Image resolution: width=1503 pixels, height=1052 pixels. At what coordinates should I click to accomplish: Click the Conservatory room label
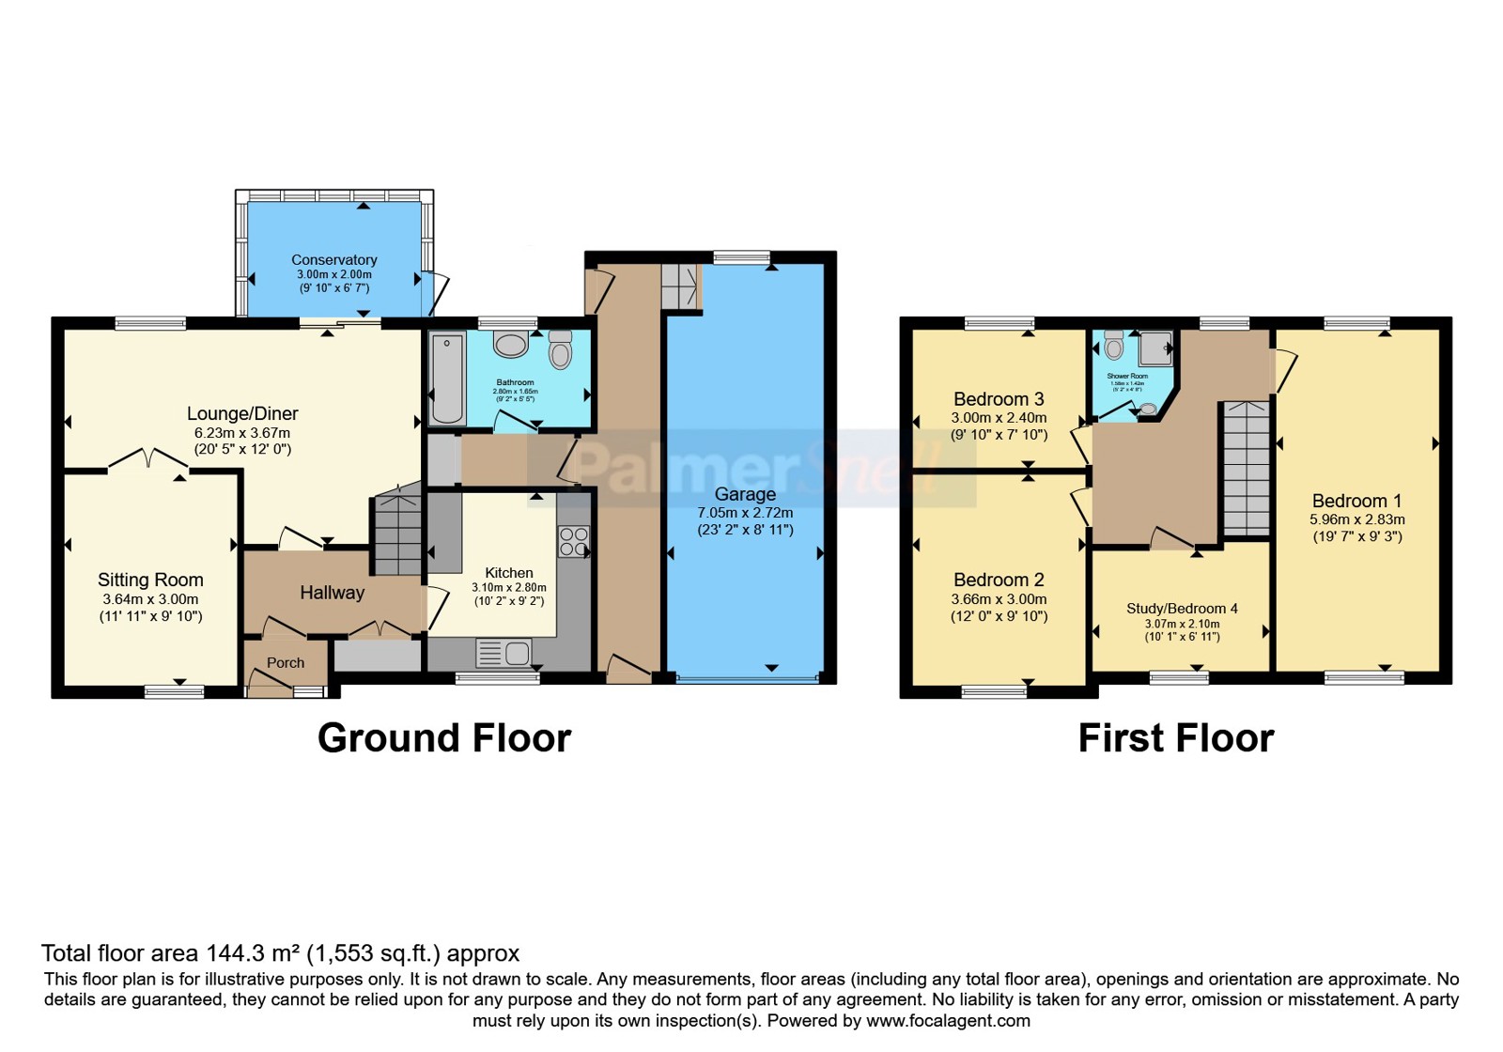(333, 260)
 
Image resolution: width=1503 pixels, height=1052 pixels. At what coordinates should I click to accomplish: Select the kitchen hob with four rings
(573, 542)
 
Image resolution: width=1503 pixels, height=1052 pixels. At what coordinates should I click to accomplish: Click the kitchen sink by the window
(504, 652)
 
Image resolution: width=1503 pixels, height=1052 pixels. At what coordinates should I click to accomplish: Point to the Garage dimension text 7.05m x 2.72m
(745, 513)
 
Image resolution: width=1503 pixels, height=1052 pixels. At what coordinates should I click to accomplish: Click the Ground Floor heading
(443, 738)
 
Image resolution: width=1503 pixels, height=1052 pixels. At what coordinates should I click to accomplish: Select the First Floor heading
(1175, 738)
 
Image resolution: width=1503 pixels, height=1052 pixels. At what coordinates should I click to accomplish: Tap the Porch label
(286, 663)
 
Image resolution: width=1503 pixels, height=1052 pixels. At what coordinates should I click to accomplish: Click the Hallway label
(332, 593)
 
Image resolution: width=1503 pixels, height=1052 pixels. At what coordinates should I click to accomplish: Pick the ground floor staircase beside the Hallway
(398, 534)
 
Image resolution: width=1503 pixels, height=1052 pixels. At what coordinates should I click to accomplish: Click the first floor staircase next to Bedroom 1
(1246, 468)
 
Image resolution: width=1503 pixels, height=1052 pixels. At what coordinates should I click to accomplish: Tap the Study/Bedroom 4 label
(1182, 609)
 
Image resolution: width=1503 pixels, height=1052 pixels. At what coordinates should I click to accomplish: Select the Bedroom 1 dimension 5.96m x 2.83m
(1356, 519)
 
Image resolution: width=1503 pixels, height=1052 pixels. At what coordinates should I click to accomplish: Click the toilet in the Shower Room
(1114, 347)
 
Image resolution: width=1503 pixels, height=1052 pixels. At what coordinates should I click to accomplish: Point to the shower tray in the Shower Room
(1156, 348)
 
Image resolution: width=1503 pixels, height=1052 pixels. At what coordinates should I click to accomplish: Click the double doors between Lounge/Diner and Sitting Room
(147, 459)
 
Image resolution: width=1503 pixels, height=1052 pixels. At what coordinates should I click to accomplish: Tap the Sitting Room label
(150, 580)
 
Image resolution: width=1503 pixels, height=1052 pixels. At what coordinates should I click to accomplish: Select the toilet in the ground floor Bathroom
(561, 350)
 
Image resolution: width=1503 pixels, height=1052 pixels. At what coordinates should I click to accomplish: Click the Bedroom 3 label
(998, 399)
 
